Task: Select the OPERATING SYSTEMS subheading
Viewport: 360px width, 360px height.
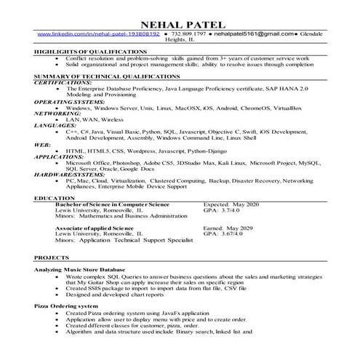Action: [70, 102]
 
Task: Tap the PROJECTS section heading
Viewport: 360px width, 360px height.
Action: [53, 258]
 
